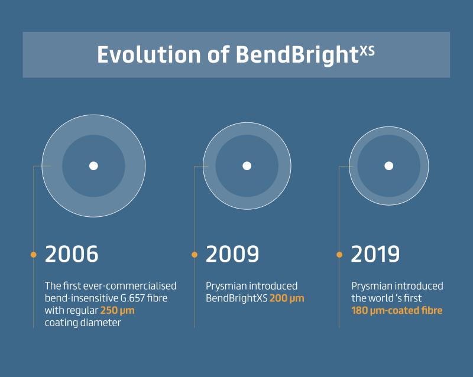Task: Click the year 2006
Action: pyautogui.click(x=72, y=254)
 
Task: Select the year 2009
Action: pyautogui.click(x=232, y=254)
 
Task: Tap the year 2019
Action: pyautogui.click(x=375, y=254)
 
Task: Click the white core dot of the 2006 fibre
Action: pyautogui.click(x=93, y=166)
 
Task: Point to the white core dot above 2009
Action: pyautogui.click(x=247, y=166)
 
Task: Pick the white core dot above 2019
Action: pyautogui.click(x=389, y=166)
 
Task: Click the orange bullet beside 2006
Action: pyautogui.click(x=34, y=255)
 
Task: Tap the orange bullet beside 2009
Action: pyautogui.click(x=195, y=255)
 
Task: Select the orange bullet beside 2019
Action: pyautogui.click(x=339, y=255)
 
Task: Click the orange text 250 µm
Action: pyautogui.click(x=117, y=311)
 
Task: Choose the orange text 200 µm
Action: pyautogui.click(x=287, y=298)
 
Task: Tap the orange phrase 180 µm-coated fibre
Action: pyautogui.click(x=397, y=311)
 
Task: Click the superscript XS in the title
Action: pyautogui.click(x=367, y=51)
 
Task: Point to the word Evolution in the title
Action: pyautogui.click(x=149, y=54)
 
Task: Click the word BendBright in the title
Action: pyautogui.click(x=297, y=56)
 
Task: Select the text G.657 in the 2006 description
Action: pyautogui.click(x=132, y=298)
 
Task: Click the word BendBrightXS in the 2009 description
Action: pyautogui.click(x=237, y=298)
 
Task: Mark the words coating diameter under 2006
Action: pyautogui.click(x=83, y=323)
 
